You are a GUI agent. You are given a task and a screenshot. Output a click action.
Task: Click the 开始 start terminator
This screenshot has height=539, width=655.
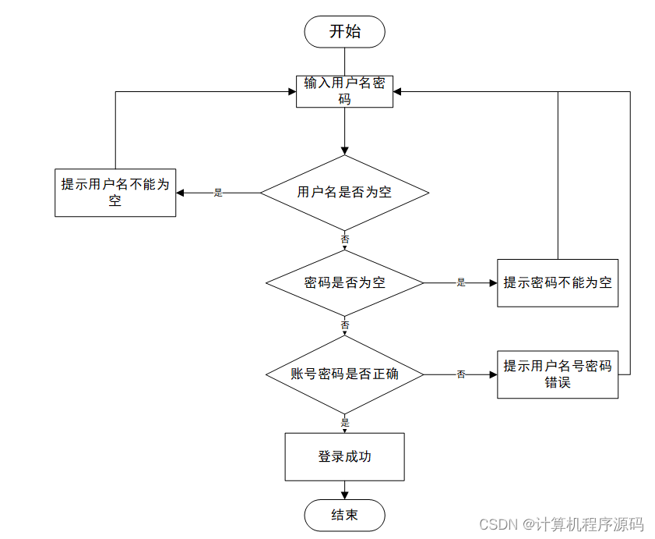[x=344, y=32]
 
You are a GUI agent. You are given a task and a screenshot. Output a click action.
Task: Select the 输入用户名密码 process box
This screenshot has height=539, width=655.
[x=344, y=91]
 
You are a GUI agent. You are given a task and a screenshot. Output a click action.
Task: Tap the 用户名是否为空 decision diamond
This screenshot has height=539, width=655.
[x=344, y=192]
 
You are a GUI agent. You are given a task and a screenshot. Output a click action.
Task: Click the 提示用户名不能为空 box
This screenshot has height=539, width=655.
[x=115, y=193]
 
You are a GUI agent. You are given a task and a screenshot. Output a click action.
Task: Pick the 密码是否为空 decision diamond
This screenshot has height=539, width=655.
[x=344, y=282]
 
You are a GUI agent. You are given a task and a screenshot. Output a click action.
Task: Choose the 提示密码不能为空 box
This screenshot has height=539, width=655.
[x=558, y=282]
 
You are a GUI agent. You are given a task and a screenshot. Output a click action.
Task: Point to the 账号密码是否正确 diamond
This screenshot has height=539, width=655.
[x=344, y=374]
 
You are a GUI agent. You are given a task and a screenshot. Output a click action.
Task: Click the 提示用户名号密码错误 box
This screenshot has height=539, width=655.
[x=558, y=374]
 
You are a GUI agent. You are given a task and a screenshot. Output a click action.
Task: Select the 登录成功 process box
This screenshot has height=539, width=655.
[x=344, y=456]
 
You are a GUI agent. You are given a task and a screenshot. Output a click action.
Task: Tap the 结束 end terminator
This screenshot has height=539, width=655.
[x=344, y=515]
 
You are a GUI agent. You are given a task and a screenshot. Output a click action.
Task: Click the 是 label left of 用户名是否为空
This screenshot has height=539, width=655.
[x=218, y=193]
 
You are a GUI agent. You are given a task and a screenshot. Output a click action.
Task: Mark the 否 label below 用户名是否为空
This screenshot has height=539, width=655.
[x=345, y=239]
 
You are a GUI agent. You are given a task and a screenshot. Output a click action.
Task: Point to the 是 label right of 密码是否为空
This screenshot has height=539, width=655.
[x=460, y=282]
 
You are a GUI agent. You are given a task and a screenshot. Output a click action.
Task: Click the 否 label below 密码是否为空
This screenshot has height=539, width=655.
[x=345, y=324]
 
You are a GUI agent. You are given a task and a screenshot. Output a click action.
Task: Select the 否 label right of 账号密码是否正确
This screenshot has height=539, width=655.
[x=460, y=374]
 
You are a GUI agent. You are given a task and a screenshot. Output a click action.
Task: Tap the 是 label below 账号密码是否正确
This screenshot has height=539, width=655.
[x=345, y=422]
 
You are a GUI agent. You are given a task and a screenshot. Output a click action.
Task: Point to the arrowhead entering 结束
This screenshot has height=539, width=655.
[x=344, y=495]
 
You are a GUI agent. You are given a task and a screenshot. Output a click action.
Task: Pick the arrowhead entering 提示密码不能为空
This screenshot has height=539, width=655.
[x=492, y=282]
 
